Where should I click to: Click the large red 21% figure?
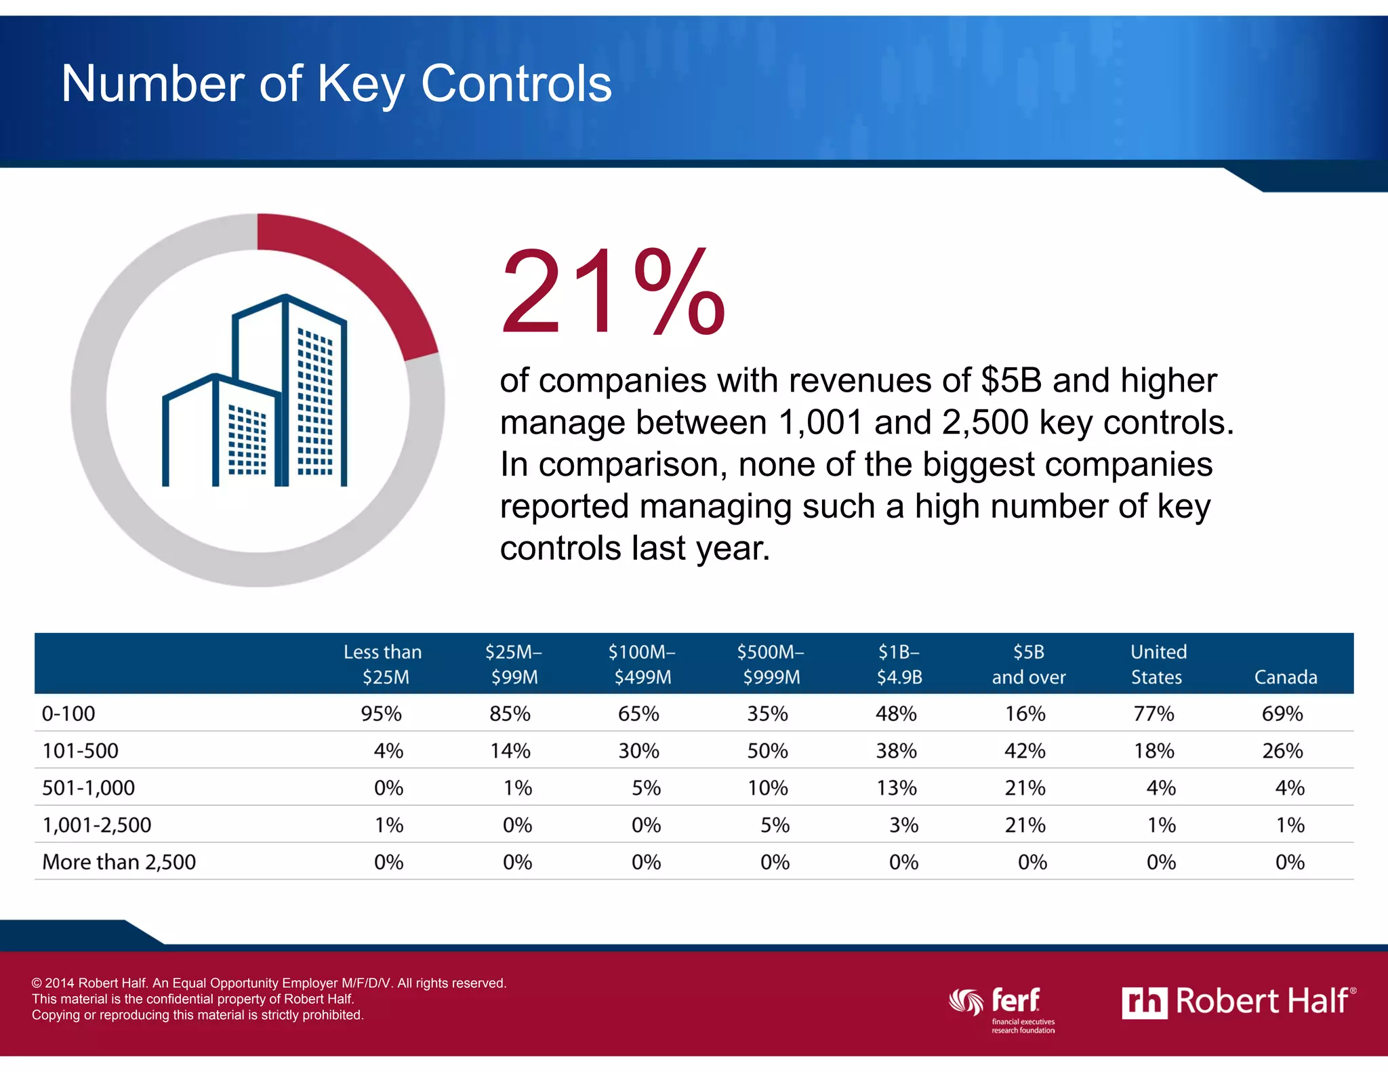pos(612,293)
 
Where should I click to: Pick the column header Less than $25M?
pos(383,664)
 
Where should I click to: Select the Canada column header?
pos(1285,677)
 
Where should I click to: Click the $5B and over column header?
pos(1028,664)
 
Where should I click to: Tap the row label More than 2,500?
pos(119,862)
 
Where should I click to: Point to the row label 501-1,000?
pos(88,787)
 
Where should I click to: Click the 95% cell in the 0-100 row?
pos(382,714)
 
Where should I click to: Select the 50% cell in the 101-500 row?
pos(767,751)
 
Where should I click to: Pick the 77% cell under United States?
pos(1154,714)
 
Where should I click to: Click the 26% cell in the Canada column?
pos(1282,751)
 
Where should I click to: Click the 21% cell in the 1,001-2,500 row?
pos(1025,825)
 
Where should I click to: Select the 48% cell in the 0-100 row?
pos(896,714)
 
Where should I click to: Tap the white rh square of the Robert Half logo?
pos(1144,1003)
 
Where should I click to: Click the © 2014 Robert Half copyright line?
pos(269,983)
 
